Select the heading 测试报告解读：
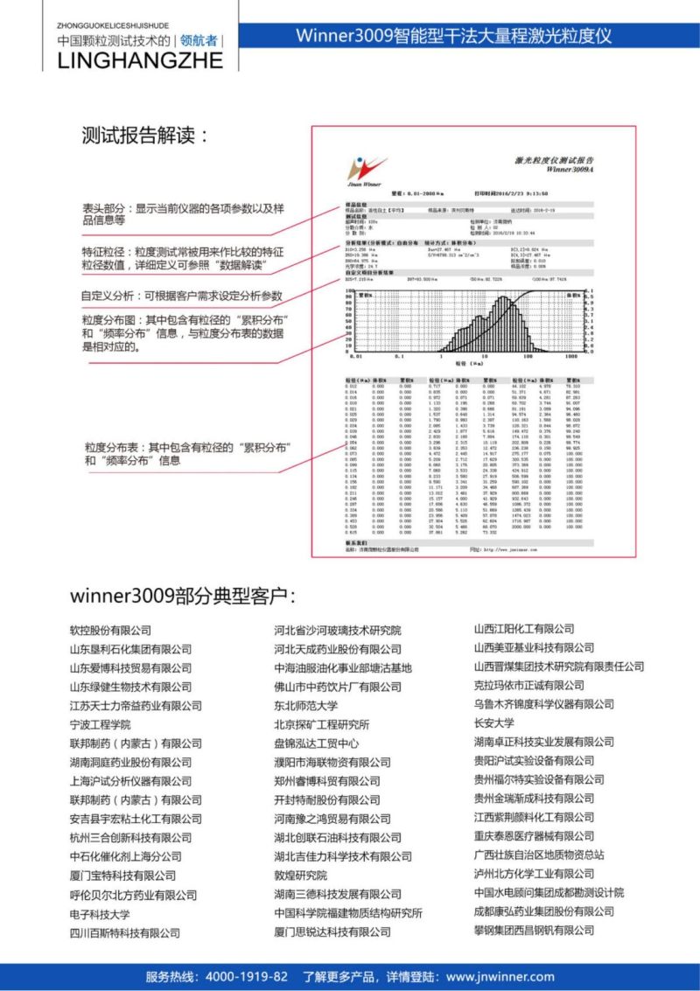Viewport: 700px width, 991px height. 145,136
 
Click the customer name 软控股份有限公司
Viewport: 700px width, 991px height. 110,630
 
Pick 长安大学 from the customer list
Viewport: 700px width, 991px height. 493,722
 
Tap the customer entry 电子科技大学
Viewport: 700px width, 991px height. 100,914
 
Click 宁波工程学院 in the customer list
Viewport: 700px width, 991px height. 100,724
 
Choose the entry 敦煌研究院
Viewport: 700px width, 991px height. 300,876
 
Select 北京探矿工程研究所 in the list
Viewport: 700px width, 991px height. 321,724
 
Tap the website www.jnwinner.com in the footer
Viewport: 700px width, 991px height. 500,976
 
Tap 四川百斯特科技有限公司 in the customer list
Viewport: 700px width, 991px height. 125,933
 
